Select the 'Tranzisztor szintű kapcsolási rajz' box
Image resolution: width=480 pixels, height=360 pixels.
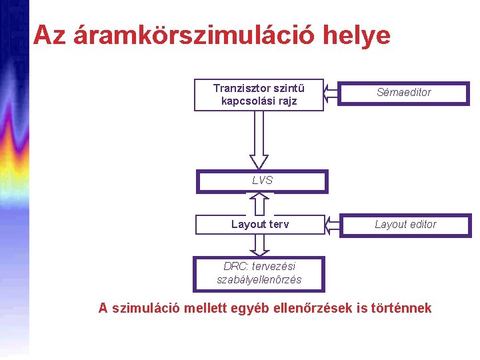(259, 95)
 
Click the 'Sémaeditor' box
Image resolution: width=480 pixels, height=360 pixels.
(404, 93)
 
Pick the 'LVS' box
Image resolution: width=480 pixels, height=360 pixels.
(262, 181)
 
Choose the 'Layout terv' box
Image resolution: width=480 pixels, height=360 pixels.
(260, 224)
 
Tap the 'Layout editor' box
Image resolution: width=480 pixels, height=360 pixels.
(405, 225)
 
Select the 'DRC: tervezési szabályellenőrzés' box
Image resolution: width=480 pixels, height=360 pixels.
(259, 273)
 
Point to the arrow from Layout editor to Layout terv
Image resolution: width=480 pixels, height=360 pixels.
(332, 225)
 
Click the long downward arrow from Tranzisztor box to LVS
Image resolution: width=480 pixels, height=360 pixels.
(259, 140)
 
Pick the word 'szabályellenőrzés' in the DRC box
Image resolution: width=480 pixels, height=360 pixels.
(259, 280)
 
